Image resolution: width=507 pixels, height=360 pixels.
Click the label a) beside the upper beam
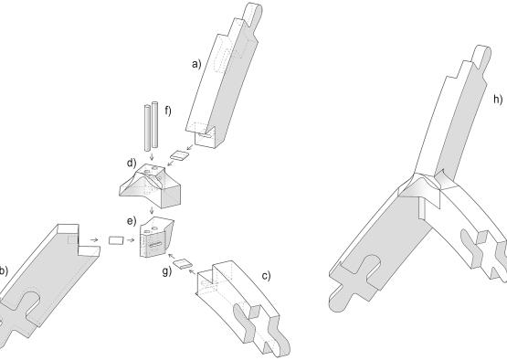click(196, 64)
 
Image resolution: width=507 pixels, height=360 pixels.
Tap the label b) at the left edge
click(4, 270)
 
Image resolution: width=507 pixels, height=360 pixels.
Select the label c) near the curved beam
click(266, 276)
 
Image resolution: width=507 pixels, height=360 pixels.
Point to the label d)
click(132, 164)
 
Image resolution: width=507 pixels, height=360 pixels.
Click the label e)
click(132, 221)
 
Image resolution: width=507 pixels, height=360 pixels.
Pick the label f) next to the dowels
click(168, 111)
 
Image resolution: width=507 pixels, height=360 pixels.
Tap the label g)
click(167, 271)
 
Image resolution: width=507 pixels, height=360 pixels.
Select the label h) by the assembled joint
click(498, 100)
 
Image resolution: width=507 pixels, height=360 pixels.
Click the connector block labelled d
click(150, 185)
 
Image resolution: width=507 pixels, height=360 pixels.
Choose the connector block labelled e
click(156, 238)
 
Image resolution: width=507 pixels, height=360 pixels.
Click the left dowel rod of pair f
click(147, 128)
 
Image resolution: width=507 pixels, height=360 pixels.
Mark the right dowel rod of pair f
click(155, 125)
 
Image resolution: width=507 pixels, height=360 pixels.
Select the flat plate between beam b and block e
click(116, 240)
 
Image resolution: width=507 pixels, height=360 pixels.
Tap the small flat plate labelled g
click(183, 264)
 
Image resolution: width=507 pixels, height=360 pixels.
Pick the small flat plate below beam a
click(180, 155)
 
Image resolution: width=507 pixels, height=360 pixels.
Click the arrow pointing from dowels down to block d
click(152, 156)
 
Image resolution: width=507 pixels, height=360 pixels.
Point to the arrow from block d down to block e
click(152, 210)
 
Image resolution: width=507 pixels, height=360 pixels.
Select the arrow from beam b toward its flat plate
click(94, 240)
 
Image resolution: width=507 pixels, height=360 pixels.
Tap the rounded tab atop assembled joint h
click(482, 58)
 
